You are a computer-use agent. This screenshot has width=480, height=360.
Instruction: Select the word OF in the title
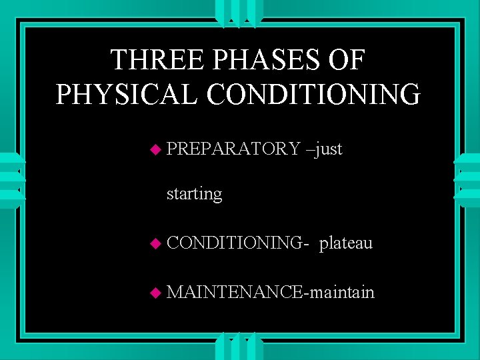[x=348, y=60]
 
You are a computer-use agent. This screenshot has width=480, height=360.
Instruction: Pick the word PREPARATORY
[x=233, y=149]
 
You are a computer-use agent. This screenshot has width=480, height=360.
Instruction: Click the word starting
[x=194, y=195]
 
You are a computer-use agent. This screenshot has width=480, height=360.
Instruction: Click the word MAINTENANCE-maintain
[x=271, y=292]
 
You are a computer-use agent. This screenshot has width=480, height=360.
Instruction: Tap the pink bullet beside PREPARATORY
[x=155, y=149]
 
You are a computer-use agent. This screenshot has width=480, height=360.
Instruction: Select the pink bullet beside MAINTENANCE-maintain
[x=155, y=293]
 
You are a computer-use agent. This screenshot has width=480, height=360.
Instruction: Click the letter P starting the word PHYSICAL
[x=64, y=94]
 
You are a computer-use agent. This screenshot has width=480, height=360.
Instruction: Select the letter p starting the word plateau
[x=323, y=245]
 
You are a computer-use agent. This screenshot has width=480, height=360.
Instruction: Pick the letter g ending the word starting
[x=217, y=197]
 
